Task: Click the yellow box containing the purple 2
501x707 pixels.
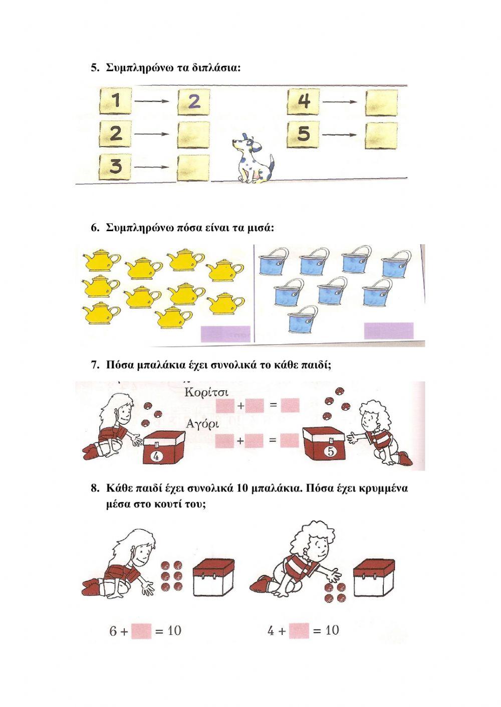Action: tap(193, 102)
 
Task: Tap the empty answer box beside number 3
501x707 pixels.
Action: tap(193, 167)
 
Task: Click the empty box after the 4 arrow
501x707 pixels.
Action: tap(381, 103)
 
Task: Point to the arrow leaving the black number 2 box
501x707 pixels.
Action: tap(152, 134)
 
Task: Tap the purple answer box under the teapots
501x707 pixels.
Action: tap(225, 334)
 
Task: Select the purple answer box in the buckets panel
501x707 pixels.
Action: tap(389, 330)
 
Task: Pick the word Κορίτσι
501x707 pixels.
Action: tap(206, 393)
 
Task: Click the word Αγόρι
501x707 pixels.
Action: tap(202, 424)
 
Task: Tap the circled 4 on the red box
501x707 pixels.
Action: tap(156, 456)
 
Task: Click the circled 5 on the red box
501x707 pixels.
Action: tap(330, 452)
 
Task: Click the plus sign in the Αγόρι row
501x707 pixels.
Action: tap(240, 440)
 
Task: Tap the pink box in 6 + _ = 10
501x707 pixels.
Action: tap(141, 630)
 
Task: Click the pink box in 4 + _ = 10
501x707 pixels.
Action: tap(299, 630)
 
